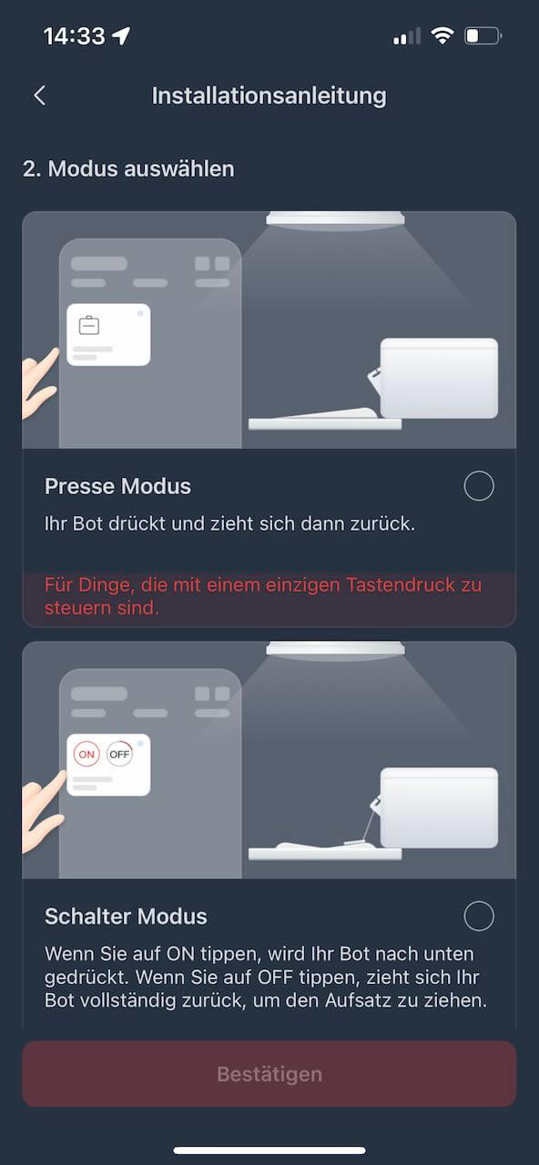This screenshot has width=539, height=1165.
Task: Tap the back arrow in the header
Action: point(39,96)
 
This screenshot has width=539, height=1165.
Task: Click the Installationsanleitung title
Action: point(269,96)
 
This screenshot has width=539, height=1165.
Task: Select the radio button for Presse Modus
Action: point(479,486)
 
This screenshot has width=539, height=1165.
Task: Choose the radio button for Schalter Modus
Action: point(479,916)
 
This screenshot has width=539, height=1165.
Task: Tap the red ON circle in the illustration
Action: point(86,755)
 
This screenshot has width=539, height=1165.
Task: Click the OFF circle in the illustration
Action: point(119,755)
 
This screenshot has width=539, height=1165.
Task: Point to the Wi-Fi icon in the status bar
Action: point(442,35)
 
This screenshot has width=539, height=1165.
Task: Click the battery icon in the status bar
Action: point(483,35)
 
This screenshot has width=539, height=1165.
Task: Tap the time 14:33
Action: point(75,36)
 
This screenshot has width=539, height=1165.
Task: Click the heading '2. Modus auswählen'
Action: point(128,169)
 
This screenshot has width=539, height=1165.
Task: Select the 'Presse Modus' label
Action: point(117,486)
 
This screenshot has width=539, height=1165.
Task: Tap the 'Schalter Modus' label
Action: point(126,917)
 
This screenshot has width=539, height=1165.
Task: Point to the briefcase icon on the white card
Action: point(89,325)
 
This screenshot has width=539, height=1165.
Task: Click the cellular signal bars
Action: point(407,36)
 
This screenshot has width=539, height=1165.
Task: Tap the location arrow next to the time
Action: point(121,35)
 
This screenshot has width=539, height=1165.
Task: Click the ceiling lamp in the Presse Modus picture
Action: point(336,219)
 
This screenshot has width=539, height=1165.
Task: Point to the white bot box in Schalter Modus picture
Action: point(439,807)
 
